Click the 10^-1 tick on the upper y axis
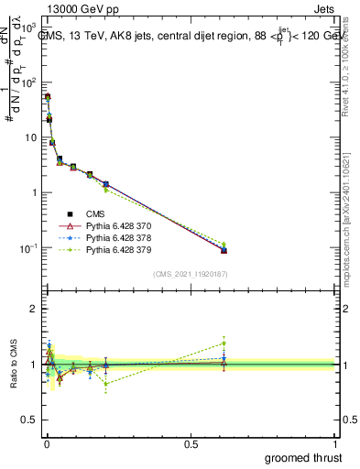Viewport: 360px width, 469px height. pos(28,248)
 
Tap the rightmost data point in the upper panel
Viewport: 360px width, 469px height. pos(224,250)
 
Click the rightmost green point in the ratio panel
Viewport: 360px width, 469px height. pos(224,344)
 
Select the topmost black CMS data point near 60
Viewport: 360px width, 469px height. pos(48,96)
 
